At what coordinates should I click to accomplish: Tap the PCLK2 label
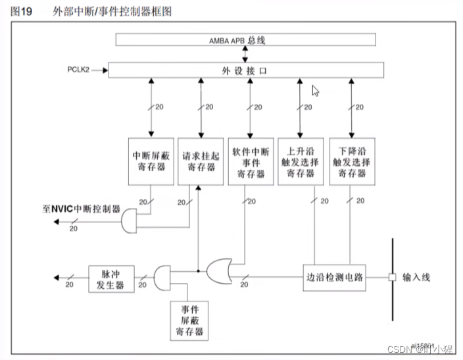[x=82, y=68]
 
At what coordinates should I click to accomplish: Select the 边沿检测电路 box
[x=333, y=277]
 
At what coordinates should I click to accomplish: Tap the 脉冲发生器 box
[x=111, y=278]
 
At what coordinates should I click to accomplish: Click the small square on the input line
[x=392, y=277]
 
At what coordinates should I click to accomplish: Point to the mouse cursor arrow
[x=315, y=91]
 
